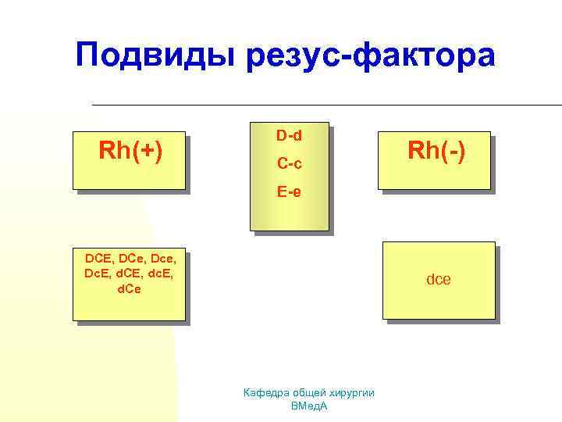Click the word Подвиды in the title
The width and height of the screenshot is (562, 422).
coord(155,56)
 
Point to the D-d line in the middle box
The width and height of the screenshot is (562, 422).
coord(289,136)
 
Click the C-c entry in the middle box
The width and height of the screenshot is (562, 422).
coord(289,164)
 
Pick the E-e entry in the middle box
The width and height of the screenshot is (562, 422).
coord(289,191)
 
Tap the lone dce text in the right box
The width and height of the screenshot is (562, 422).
coord(438,279)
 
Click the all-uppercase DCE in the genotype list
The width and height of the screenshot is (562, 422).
coord(99,258)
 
